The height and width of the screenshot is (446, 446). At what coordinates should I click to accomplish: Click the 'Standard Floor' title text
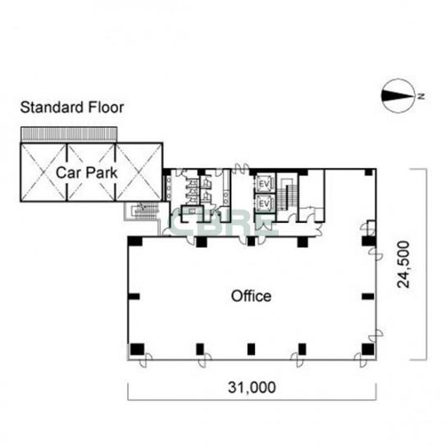tap(72, 107)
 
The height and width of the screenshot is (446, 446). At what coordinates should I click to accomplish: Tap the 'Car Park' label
tap(86, 173)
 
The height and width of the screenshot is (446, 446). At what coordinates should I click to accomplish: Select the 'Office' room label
tap(251, 296)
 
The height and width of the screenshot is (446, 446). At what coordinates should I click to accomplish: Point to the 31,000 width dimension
tap(252, 387)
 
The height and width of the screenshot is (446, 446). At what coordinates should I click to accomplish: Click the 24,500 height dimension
tap(403, 264)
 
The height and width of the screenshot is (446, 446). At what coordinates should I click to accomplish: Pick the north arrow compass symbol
tap(398, 96)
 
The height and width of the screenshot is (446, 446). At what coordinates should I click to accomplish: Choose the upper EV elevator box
tap(264, 184)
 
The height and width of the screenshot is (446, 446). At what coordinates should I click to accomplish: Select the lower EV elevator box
tap(264, 203)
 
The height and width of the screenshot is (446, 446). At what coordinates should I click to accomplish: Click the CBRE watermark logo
tap(224, 221)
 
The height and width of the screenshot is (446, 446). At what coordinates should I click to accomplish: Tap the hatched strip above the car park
tap(69, 134)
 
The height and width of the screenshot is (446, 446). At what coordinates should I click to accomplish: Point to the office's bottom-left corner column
tap(137, 349)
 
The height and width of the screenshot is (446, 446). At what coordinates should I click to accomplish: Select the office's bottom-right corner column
tap(368, 349)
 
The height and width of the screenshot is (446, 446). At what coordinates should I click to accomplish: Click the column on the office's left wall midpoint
tap(134, 297)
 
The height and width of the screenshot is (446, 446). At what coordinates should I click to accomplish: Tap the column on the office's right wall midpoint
tap(368, 297)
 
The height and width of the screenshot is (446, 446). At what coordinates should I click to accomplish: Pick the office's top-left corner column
tap(134, 241)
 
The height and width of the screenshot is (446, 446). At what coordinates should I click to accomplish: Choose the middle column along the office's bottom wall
tap(251, 349)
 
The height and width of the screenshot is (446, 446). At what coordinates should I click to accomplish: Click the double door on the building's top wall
tap(241, 169)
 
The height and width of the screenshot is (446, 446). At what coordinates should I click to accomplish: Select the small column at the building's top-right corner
tap(369, 172)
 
